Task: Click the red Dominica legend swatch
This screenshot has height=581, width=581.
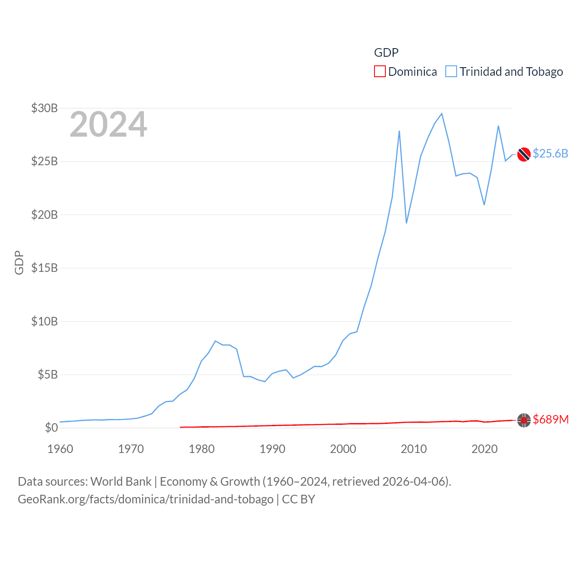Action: tap(380, 72)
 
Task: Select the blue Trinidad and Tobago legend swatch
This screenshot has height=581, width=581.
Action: tap(451, 72)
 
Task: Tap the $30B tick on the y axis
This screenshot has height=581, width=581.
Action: tap(44, 108)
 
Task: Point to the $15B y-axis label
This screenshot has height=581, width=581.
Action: tap(44, 268)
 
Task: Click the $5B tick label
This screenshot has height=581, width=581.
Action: tap(48, 374)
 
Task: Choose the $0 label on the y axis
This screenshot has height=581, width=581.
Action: tap(51, 428)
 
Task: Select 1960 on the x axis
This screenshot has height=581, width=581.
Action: tap(60, 449)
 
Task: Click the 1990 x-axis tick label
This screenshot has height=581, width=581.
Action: tap(272, 449)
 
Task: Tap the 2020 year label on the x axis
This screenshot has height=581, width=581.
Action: tap(484, 449)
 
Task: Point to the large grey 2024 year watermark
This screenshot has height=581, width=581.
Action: tap(108, 124)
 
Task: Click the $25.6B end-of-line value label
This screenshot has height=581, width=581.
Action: tap(550, 153)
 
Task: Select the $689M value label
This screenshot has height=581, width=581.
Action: tap(551, 419)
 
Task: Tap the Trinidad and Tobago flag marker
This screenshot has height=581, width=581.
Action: tap(524, 154)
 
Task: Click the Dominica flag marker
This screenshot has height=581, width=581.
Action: tap(524, 420)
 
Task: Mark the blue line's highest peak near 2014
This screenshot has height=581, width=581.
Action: tap(442, 113)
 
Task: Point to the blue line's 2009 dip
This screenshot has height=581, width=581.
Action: tap(406, 223)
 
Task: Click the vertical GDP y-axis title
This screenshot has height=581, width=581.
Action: tap(19, 262)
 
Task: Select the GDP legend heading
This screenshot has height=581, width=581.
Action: tap(386, 53)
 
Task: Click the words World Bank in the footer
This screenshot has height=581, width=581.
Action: tap(121, 482)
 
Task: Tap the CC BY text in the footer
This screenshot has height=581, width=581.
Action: tap(299, 499)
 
